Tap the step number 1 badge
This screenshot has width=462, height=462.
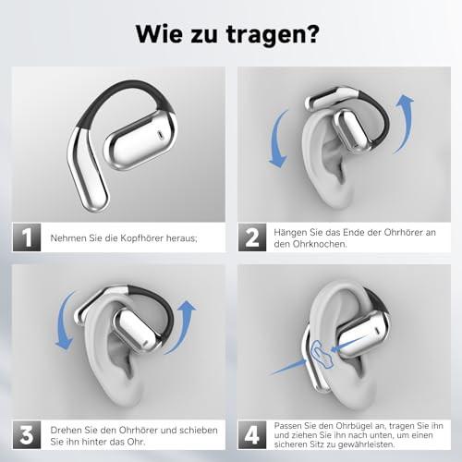[x=27, y=237]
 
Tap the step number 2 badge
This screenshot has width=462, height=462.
[x=252, y=237]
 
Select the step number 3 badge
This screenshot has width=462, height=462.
[x=27, y=434]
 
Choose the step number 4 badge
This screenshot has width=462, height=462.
[x=252, y=434]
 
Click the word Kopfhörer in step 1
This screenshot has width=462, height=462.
[x=141, y=238]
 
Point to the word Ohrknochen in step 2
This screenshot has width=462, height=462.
[x=320, y=244]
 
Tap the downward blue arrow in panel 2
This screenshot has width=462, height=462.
[x=278, y=140]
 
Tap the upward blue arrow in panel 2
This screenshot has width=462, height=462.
[x=404, y=123]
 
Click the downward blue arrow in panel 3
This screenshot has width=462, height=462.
[x=64, y=321]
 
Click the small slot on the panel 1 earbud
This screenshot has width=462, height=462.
[x=160, y=134]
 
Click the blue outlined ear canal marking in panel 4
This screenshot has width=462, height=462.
[x=322, y=354]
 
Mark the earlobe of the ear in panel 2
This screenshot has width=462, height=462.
[x=334, y=196]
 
